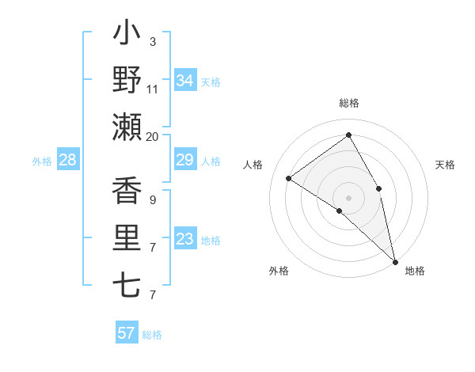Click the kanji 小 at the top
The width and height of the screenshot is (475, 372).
pos(127,34)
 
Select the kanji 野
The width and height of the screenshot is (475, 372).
pos(127,80)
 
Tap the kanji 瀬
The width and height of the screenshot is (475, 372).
pos(127,127)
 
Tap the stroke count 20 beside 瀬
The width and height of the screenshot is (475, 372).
pos(153,136)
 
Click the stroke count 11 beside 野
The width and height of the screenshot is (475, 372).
pos(153,89)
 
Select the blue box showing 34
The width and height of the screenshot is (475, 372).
pos(184,81)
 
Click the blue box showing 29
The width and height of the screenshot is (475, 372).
pos(184,161)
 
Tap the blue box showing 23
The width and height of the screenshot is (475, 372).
pos(184,239)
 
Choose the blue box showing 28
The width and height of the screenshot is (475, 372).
pos(68,161)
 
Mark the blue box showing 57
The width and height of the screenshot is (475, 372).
pos(126,333)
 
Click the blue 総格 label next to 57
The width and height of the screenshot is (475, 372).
pos(152,335)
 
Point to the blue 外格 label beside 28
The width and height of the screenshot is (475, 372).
pos(42,161)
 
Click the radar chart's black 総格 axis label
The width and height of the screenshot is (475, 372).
pos(348,103)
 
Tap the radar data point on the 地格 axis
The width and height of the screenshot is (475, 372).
pos(394,260)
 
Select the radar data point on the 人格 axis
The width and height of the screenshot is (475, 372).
pos(289,178)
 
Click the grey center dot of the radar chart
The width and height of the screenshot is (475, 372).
pos(348,197)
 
